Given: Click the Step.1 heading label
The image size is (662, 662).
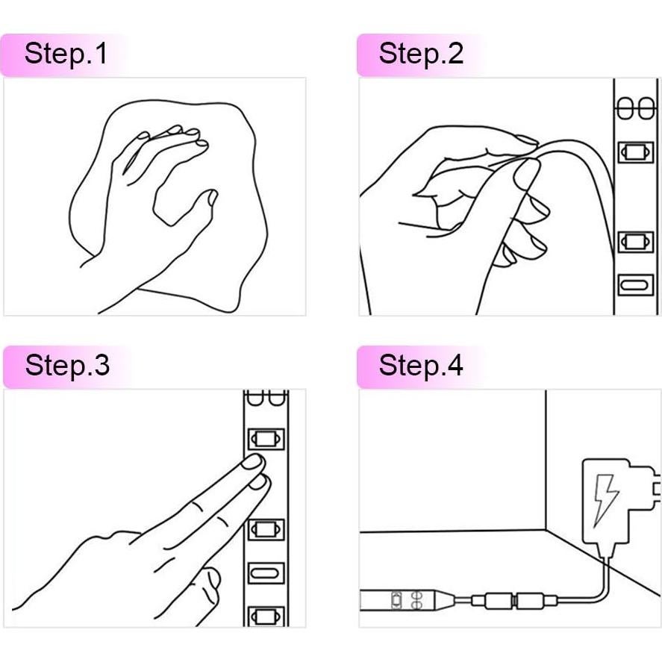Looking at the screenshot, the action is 66,54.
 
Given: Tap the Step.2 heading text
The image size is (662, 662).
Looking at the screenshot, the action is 421,54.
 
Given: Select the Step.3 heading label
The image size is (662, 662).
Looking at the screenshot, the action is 67,365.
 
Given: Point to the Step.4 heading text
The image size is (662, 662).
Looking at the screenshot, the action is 421,365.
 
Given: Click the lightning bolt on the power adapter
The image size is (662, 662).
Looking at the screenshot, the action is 605,500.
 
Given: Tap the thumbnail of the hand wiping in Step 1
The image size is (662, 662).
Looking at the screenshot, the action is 213,198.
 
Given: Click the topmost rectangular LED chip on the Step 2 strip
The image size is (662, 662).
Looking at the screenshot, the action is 635,152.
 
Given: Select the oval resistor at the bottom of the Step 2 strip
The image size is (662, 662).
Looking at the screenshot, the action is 635,285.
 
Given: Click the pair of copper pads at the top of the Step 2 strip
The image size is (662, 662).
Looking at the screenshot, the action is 635,109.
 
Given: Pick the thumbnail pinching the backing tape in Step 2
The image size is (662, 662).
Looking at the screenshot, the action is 526,173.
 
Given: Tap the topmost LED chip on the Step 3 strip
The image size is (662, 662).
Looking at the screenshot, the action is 266,439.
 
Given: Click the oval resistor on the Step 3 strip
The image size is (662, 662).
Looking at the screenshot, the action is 266,573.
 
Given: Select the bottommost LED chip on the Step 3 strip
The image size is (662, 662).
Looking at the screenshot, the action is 266,617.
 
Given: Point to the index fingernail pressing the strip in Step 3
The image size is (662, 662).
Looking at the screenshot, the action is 252,461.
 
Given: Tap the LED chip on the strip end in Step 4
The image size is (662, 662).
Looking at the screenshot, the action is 396,600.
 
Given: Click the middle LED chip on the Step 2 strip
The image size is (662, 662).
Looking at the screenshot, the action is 635,242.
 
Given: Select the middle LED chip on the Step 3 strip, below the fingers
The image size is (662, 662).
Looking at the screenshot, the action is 266,529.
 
